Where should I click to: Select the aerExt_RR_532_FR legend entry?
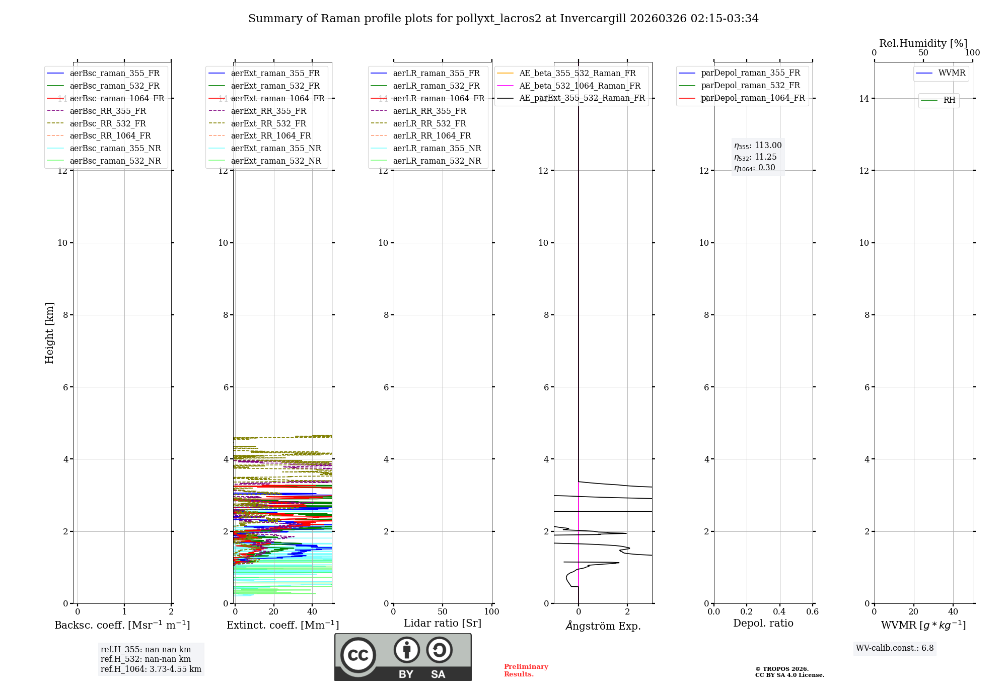pyautogui.click(x=268, y=123)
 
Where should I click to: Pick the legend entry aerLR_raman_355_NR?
pyautogui.click(x=437, y=148)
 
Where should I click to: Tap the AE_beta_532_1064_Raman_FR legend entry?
pyautogui.click(x=580, y=86)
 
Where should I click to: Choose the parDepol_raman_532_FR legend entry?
pyautogui.click(x=750, y=86)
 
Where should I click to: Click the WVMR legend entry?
pyautogui.click(x=952, y=73)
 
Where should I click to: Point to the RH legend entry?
pyautogui.click(x=949, y=100)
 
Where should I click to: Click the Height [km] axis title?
pyautogui.click(x=49, y=333)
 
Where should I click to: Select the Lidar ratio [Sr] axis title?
pyautogui.click(x=443, y=623)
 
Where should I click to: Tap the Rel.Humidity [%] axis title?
pyautogui.click(x=923, y=43)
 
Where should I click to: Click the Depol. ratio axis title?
pyautogui.click(x=763, y=623)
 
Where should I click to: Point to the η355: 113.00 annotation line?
pyautogui.click(x=758, y=146)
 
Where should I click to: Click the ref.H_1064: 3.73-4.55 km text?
pyautogui.click(x=151, y=669)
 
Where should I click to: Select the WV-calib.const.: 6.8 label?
pyautogui.click(x=895, y=648)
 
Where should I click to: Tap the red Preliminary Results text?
pyautogui.click(x=526, y=670)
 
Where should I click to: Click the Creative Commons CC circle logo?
pyautogui.click(x=358, y=655)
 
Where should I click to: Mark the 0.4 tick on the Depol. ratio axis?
pyautogui.click(x=779, y=612)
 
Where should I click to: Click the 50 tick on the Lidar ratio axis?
pyautogui.click(x=443, y=612)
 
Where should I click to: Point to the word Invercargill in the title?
pyautogui.click(x=593, y=19)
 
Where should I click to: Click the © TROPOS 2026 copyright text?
pyautogui.click(x=782, y=669)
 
